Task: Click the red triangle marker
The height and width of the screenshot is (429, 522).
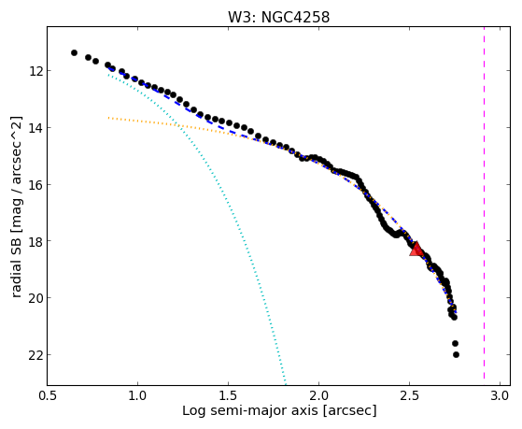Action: pyautogui.click(x=416, y=249)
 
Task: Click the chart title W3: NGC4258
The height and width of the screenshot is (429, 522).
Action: pyautogui.click(x=278, y=17)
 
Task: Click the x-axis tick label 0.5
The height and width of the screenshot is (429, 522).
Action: pyautogui.click(x=48, y=395)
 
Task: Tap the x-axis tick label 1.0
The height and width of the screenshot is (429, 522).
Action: pyautogui.click(x=138, y=395)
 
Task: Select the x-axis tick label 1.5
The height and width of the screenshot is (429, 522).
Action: pyautogui.click(x=229, y=395)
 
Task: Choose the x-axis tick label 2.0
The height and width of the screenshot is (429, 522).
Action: pyautogui.click(x=319, y=395)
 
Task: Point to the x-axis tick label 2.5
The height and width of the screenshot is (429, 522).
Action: pyautogui.click(x=410, y=395)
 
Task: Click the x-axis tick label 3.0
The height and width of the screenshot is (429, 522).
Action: pyautogui.click(x=500, y=395)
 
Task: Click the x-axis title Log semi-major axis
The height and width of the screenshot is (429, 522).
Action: pyautogui.click(x=249, y=411)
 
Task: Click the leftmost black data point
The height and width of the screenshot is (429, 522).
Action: pyautogui.click(x=75, y=52)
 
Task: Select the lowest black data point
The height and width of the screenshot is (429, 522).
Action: pyautogui.click(x=456, y=354)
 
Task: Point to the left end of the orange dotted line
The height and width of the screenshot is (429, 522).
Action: pyautogui.click(x=108, y=118)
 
